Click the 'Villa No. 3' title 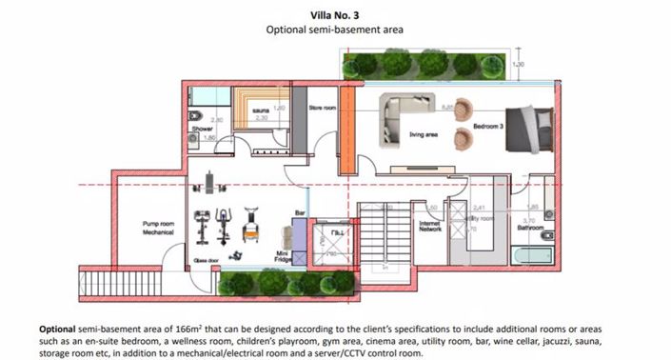335,15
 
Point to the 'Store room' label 323,110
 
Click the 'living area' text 423,134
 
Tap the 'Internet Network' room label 431,227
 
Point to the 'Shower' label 202,129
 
